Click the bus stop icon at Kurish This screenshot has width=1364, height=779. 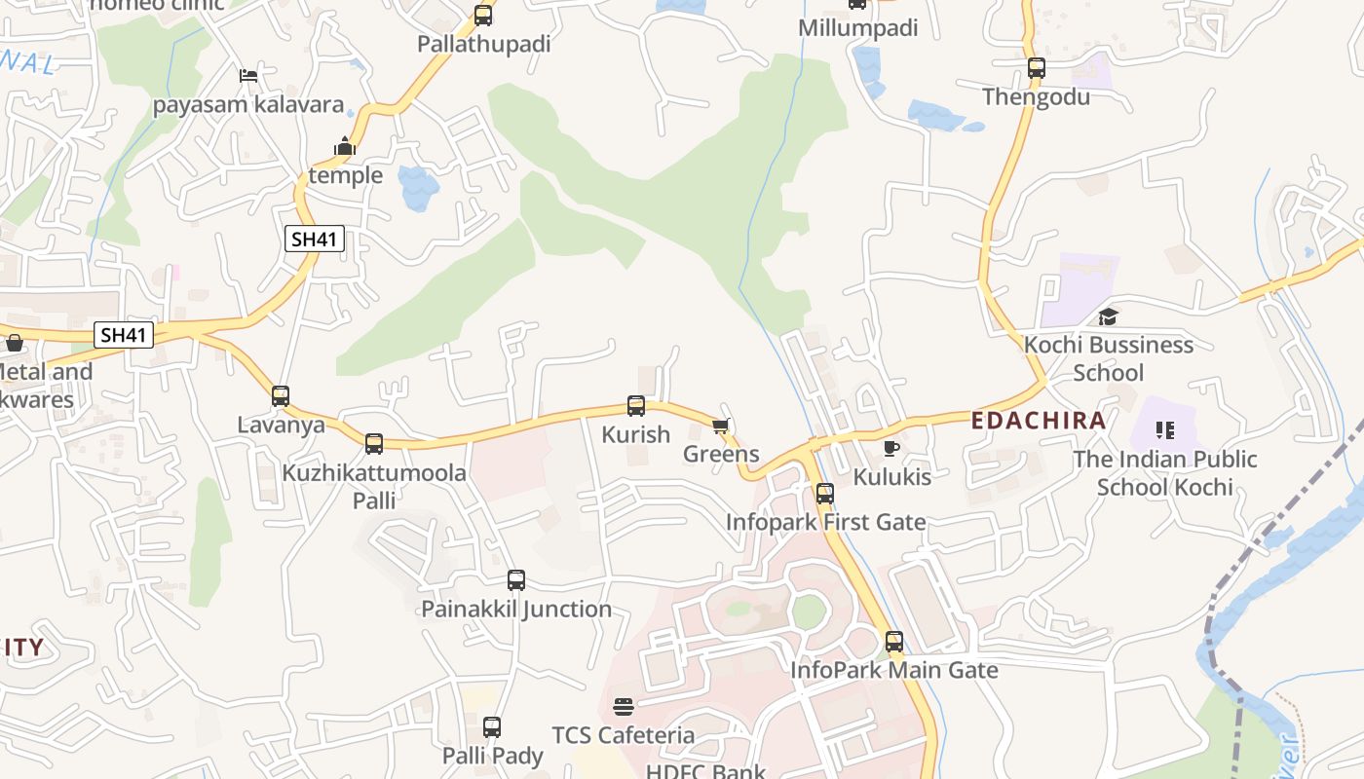pyautogui.click(x=636, y=406)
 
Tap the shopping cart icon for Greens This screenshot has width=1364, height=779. pyautogui.click(x=721, y=427)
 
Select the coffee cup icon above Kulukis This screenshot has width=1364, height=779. pyautogui.click(x=890, y=448)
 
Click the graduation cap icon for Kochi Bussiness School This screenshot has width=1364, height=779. pyautogui.click(x=1108, y=316)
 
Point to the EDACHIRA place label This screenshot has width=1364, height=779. pyautogui.click(x=1039, y=421)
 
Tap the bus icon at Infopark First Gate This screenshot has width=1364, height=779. pyautogui.click(x=825, y=494)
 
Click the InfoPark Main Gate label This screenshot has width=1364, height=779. pyautogui.click(x=894, y=670)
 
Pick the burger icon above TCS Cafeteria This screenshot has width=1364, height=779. pyautogui.click(x=624, y=706)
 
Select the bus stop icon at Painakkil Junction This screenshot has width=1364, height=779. pyautogui.click(x=516, y=581)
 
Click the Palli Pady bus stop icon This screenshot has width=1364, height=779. pyautogui.click(x=492, y=727)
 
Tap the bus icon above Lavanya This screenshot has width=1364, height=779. pyautogui.click(x=281, y=396)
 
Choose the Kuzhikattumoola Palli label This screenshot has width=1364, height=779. pyautogui.click(x=374, y=486)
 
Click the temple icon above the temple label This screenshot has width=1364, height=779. pyautogui.click(x=345, y=147)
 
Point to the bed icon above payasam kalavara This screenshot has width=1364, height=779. pyautogui.click(x=248, y=76)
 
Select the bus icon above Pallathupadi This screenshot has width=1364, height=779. pyautogui.click(x=483, y=16)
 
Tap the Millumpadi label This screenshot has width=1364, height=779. pyautogui.click(x=857, y=28)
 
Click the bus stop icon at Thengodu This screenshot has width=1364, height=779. pyautogui.click(x=1037, y=68)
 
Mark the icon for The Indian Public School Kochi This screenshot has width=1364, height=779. pyautogui.click(x=1164, y=429)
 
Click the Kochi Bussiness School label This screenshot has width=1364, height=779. pyautogui.click(x=1108, y=358)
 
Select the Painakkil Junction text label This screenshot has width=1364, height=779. pyautogui.click(x=516, y=610)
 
